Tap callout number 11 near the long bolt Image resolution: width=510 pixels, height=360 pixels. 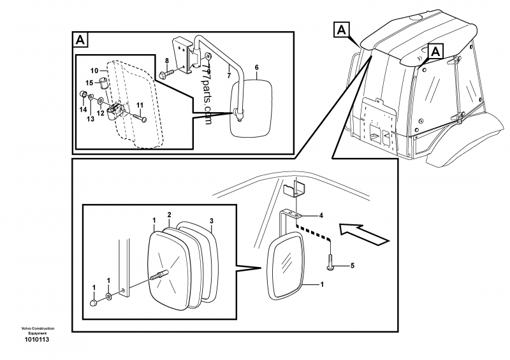point(139,104)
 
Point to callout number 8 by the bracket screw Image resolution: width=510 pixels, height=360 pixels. point(166,61)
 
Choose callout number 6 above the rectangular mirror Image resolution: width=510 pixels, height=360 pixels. point(256,66)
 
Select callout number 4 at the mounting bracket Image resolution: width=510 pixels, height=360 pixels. point(321,215)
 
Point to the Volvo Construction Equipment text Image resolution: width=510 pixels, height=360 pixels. point(38,330)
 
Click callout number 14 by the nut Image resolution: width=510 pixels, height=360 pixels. point(83,110)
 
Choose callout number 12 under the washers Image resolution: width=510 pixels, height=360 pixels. point(100,113)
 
